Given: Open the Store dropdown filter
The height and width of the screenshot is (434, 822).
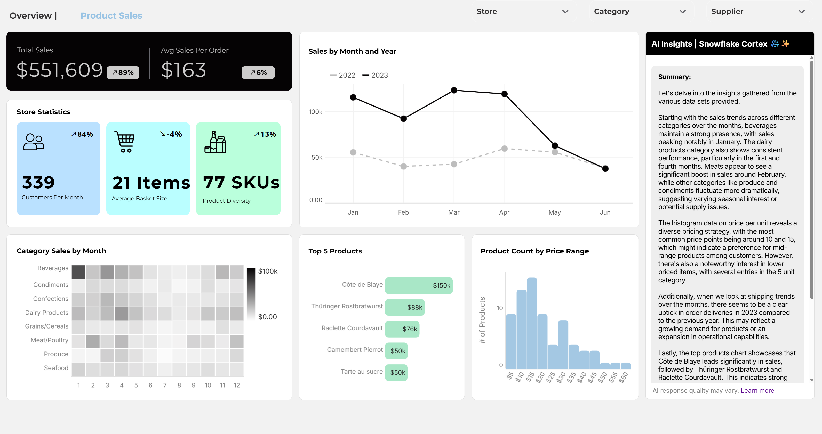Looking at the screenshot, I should pyautogui.click(x=523, y=12).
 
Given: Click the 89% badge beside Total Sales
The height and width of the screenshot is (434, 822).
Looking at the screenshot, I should pyautogui.click(x=123, y=72).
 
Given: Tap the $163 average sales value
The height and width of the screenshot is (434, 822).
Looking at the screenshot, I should pyautogui.click(x=183, y=70).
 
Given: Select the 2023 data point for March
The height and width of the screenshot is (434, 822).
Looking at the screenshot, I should pyautogui.click(x=454, y=90).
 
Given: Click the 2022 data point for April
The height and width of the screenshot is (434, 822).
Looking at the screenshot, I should pyautogui.click(x=504, y=148).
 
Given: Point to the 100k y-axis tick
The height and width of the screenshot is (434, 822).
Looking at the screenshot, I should pyautogui.click(x=315, y=112).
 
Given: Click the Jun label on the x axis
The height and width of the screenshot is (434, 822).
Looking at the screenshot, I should pyautogui.click(x=605, y=212).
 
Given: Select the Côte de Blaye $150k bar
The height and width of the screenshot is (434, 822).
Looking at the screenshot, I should pyautogui.click(x=418, y=285).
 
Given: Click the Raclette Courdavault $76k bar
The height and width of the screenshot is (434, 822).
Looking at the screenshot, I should pyautogui.click(x=402, y=329).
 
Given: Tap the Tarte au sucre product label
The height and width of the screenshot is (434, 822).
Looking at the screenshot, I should pyautogui.click(x=362, y=372).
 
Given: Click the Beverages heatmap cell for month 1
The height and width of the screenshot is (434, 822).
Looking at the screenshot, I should pyautogui.click(x=78, y=272).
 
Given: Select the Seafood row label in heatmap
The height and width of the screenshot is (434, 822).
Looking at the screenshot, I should pyautogui.click(x=56, y=368).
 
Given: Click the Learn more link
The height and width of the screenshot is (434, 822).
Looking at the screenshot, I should pyautogui.click(x=757, y=390).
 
